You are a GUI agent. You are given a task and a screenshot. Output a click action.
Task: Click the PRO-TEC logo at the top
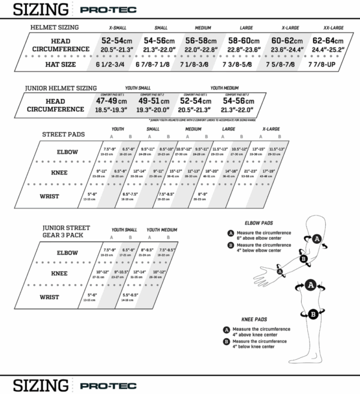pyautogui.click(x=88, y=10)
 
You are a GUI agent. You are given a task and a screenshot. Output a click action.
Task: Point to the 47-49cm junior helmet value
pyautogui.click(x=110, y=102)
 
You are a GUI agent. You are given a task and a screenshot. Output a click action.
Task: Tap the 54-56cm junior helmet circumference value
pyautogui.click(x=239, y=102)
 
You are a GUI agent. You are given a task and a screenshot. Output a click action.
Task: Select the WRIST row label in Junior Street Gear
pyautogui.click(x=66, y=297)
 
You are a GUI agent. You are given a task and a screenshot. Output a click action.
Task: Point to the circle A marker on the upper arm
pyautogui.click(x=317, y=238)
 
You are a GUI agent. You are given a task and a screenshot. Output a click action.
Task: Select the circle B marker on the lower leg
pyautogui.click(x=313, y=313)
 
